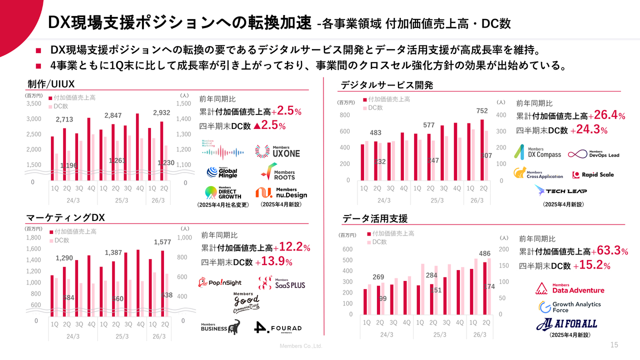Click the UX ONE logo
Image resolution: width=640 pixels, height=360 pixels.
pyautogui.click(x=277, y=151)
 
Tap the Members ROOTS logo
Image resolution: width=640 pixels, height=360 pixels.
pyautogui.click(x=277, y=173)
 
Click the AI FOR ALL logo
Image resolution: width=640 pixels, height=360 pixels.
pyautogui.click(x=567, y=324)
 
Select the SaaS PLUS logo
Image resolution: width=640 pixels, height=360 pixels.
pyautogui.click(x=281, y=283)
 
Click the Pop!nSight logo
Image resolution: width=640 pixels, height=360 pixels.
pyautogui.click(x=220, y=282)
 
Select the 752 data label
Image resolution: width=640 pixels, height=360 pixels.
pyautogui.click(x=482, y=110)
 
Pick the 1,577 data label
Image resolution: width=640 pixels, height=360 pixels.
pyautogui.click(x=162, y=242)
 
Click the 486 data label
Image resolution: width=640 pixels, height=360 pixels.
pyautogui.click(x=484, y=253)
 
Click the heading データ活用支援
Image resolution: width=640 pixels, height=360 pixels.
pyautogui.click(x=375, y=218)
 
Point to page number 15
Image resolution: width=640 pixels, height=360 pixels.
pyautogui.click(x=614, y=345)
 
